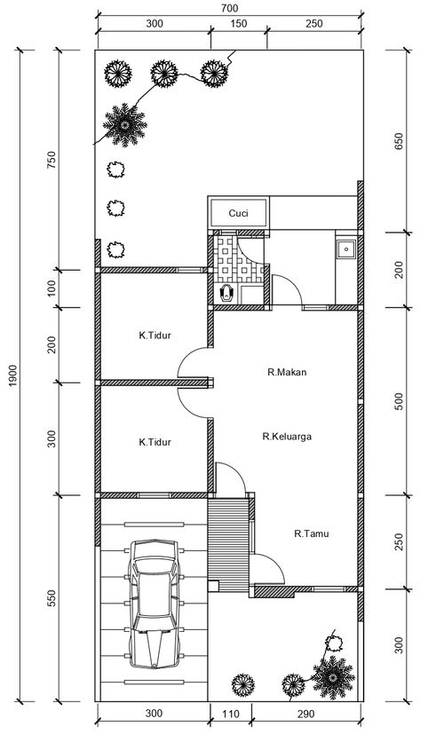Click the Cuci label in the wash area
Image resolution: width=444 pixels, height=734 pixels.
click(x=238, y=214)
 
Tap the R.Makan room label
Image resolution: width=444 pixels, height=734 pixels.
click(x=287, y=372)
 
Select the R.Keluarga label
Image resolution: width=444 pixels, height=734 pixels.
click(x=287, y=437)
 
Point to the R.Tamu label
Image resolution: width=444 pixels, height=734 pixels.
click(x=312, y=533)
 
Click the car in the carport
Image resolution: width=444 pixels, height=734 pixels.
click(x=155, y=604)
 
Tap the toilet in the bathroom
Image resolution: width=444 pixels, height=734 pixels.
click(x=226, y=293)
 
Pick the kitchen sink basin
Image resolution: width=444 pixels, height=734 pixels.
click(x=346, y=249)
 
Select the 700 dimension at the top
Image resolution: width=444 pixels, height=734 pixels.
click(x=229, y=8)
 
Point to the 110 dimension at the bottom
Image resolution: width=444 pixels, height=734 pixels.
click(x=230, y=714)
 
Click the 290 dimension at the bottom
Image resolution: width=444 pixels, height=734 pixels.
click(x=305, y=714)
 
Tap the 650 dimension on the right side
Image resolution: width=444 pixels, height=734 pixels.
click(x=399, y=141)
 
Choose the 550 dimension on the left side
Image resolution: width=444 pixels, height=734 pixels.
click(x=52, y=598)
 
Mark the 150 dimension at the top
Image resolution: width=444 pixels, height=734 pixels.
click(x=239, y=23)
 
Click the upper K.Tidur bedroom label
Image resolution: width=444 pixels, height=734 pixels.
click(x=155, y=335)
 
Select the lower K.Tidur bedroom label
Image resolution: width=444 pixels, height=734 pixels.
click(x=155, y=442)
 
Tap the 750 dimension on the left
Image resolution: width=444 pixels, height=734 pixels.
click(x=52, y=160)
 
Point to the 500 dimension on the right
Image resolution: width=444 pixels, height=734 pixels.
click(x=399, y=401)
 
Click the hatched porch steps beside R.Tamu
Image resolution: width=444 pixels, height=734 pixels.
click(x=228, y=545)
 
